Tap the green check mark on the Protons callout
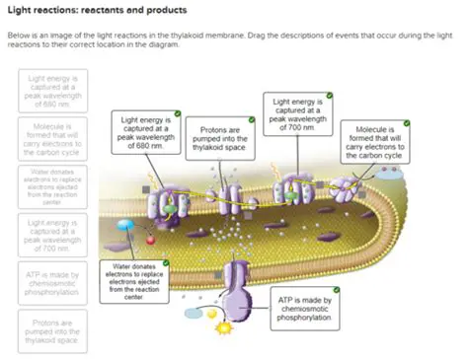click(x=252, y=119)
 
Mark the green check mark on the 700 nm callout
click(x=331, y=96)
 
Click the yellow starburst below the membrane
click(x=224, y=325)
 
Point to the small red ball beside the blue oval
click(x=150, y=239)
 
